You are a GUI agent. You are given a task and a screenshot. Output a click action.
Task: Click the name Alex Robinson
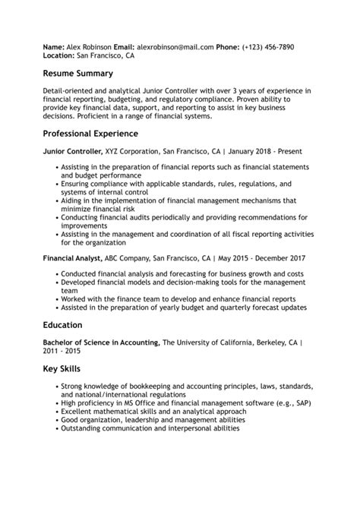[89, 47]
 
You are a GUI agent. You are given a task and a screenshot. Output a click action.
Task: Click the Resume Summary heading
[78, 74]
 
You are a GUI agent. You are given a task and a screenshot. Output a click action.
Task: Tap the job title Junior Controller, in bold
[75, 152]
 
